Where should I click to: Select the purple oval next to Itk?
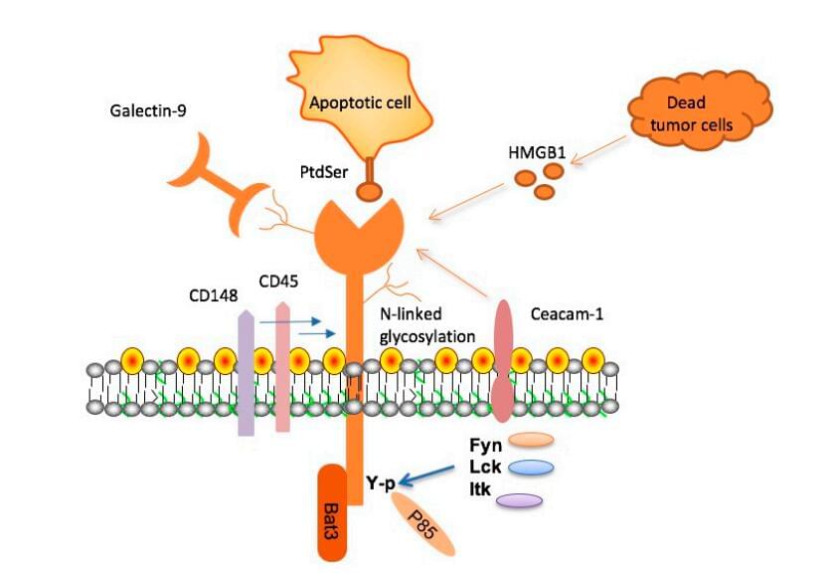coord(518,500)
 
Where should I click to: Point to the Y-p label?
coord(378,483)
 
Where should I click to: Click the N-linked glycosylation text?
coord(425,322)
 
